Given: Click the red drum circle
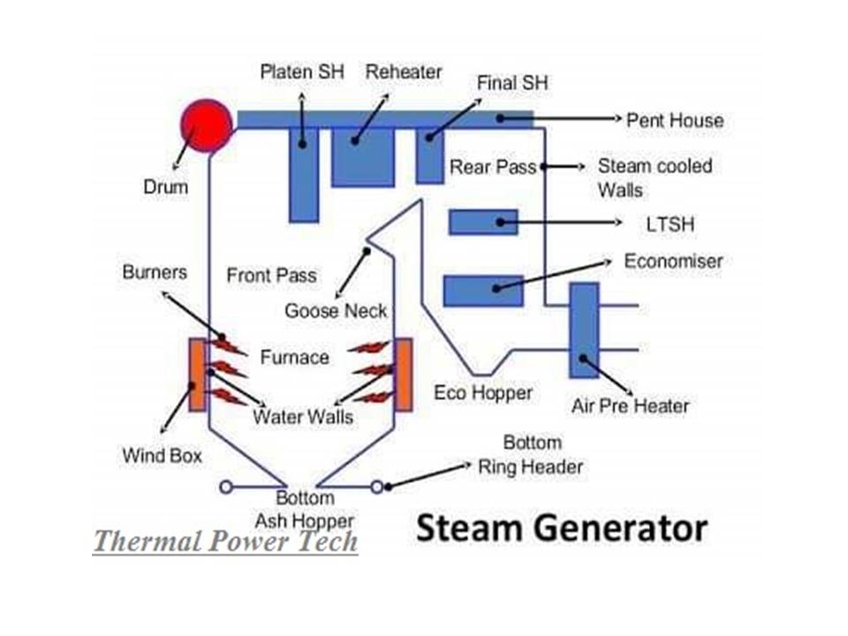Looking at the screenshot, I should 206,125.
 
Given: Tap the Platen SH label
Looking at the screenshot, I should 302,72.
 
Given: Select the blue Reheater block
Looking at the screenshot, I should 362,156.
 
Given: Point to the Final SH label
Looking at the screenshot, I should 512,83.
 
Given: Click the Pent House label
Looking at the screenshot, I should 674,120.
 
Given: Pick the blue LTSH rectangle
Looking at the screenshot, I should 483,222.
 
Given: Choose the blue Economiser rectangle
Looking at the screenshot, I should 483,291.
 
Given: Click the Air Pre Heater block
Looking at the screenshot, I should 584,330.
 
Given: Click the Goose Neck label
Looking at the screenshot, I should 336,311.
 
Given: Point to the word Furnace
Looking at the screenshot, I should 294,358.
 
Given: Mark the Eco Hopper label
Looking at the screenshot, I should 483,393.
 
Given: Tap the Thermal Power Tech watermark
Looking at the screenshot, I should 225,541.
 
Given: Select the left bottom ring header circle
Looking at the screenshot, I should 227,486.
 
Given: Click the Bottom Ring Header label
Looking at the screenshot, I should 531,455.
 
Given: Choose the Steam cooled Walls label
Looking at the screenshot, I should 655,178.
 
